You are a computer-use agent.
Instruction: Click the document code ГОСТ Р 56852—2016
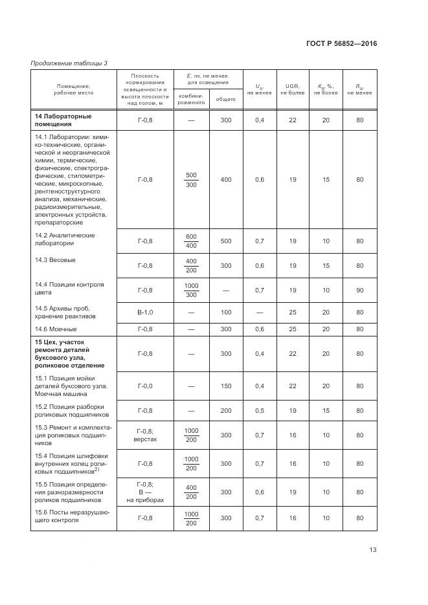pos(341,44)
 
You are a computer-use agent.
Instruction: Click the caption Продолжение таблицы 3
pos(69,63)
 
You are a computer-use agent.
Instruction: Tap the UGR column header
pos(292,89)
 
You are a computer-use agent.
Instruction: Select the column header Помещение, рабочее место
pos(73,89)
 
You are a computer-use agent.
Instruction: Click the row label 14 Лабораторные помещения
pos(63,120)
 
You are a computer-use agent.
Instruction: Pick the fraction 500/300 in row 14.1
pos(191,179)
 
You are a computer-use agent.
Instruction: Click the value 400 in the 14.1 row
pos(225,179)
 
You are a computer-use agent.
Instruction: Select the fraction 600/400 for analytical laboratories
pos(191,241)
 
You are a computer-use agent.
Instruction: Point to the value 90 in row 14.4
pos(359,290)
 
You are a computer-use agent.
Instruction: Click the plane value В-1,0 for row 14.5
pos(145,313)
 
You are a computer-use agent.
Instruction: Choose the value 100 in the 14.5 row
pos(225,313)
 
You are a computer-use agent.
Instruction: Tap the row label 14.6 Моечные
pos(55,329)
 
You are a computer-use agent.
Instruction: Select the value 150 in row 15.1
pos(225,386)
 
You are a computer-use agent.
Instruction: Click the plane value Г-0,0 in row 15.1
pos(145,386)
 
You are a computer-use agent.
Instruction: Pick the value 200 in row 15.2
pos(225,410)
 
